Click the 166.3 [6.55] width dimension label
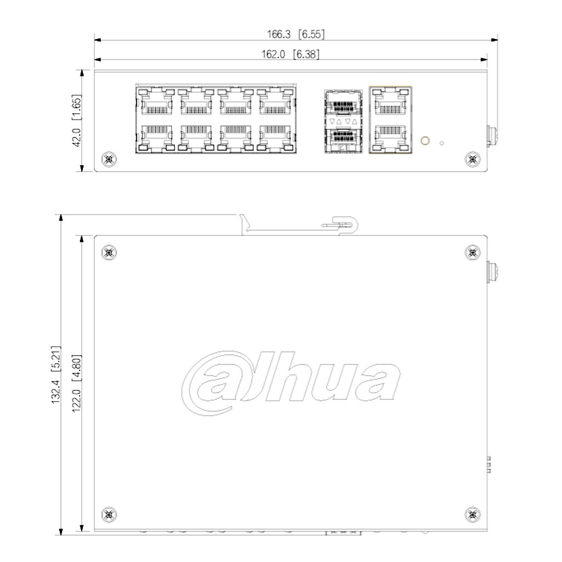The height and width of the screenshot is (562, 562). point(296,35)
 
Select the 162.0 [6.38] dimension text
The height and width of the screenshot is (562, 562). point(290,54)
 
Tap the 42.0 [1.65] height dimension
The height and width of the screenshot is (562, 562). point(77,120)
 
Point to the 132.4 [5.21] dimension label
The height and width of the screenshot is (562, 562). point(57,375)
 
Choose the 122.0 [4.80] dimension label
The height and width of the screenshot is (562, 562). point(77,384)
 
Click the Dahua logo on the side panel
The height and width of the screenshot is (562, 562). point(291,383)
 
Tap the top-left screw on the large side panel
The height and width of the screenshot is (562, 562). point(109,252)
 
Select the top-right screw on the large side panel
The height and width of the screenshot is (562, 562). point(473,252)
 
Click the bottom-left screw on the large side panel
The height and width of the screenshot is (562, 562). point(109,515)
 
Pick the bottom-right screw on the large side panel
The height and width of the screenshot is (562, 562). point(473,515)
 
